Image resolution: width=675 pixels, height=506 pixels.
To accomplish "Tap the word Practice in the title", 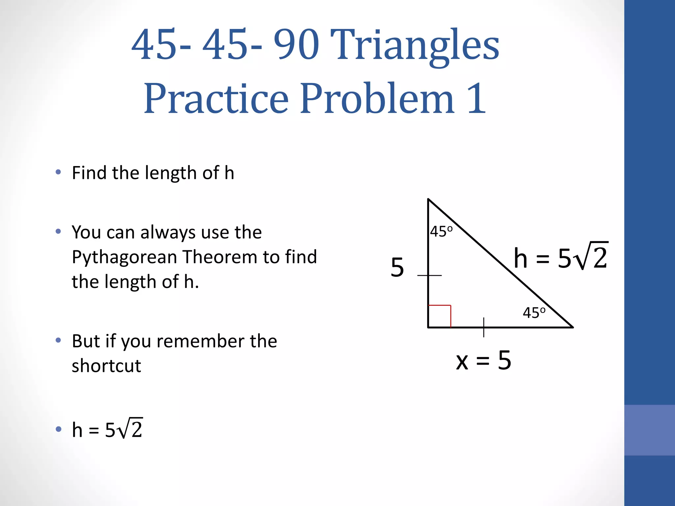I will pos(216,99).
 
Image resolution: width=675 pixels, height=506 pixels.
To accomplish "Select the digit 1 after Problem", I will pos(477,98).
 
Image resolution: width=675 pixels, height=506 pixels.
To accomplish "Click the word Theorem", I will pos(220,257).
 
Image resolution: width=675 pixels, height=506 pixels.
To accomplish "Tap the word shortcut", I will pos(106,366).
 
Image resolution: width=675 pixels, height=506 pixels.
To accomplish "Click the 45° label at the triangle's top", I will pos(441,232).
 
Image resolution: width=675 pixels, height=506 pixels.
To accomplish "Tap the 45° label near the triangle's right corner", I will pos(534,313).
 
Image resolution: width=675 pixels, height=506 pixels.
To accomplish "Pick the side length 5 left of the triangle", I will pos(397,267).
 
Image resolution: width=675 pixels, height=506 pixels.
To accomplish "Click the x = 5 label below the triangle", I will pos(483,360).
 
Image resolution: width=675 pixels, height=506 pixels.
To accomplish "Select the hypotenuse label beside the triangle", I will pos(561,258).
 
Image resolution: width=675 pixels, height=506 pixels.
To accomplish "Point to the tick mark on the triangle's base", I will pos(484,327).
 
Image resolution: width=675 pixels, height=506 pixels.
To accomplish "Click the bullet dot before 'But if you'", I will pos(58,340).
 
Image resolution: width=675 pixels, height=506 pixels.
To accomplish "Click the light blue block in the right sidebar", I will pos(649,430).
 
